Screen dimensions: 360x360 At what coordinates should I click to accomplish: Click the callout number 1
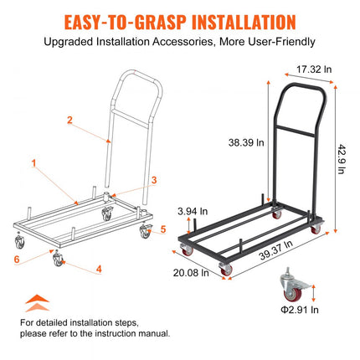click(34, 163)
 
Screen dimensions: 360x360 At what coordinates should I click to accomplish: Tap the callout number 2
click(69, 120)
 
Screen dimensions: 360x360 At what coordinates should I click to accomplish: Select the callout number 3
click(154, 180)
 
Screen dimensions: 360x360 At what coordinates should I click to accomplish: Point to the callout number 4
click(99, 269)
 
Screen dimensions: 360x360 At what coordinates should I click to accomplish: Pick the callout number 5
click(163, 229)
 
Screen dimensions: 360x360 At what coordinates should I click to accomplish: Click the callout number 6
click(17, 260)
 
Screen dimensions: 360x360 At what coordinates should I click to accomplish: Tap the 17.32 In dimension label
click(314, 69)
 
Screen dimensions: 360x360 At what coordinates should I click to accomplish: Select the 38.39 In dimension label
click(246, 142)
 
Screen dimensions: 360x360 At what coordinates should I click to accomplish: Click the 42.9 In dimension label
click(342, 159)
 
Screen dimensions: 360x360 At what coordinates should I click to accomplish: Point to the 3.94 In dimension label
click(193, 211)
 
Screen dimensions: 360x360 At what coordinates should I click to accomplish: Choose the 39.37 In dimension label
click(275, 250)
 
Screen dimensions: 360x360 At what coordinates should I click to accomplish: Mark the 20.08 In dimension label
click(191, 273)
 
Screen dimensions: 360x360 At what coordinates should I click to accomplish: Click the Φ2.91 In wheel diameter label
click(300, 310)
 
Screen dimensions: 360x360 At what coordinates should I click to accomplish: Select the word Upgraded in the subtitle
click(69, 42)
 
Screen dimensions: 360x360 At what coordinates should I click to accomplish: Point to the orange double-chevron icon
click(38, 303)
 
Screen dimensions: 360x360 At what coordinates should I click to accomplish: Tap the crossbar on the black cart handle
click(296, 131)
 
